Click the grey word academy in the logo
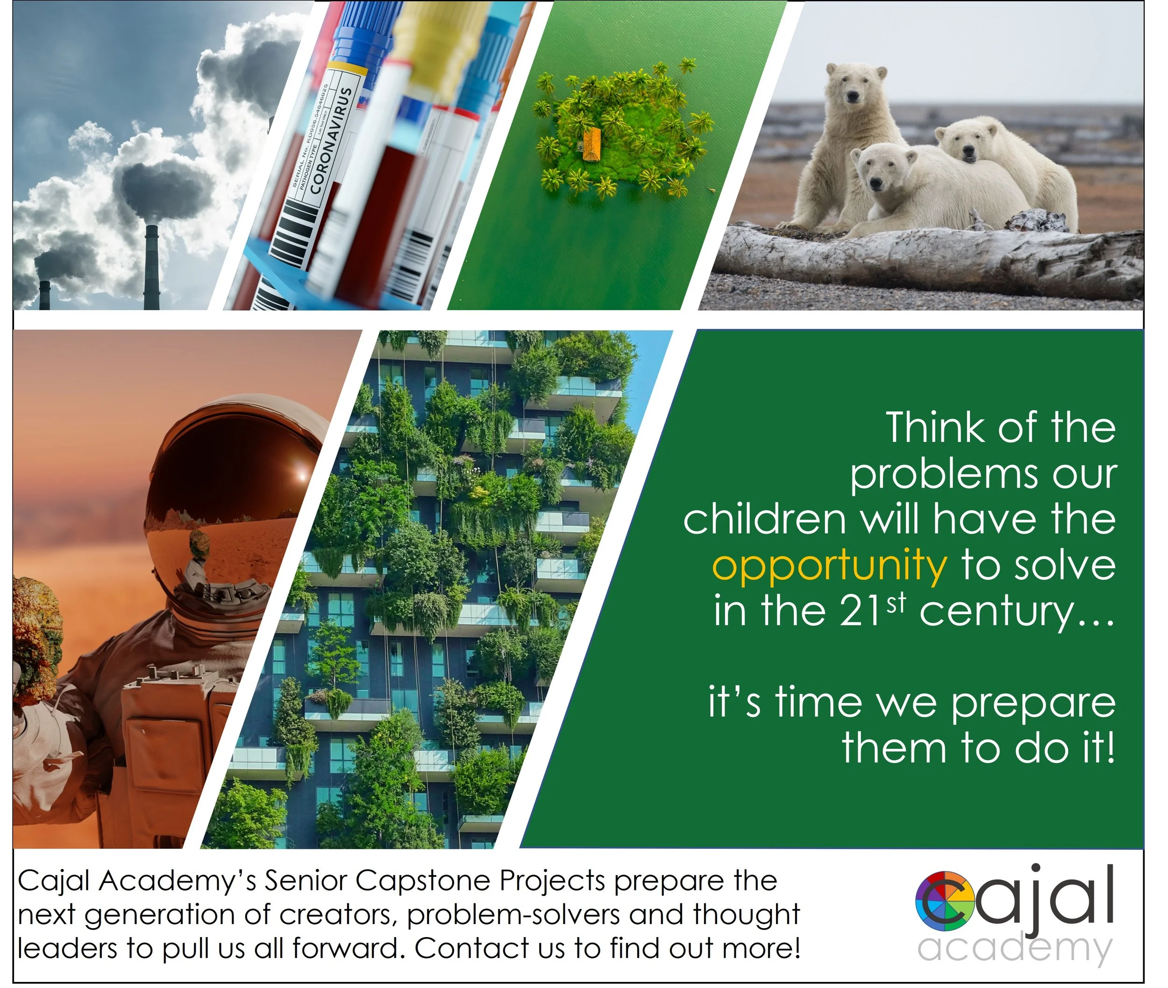click(x=1014, y=948)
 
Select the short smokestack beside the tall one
click(x=45, y=294)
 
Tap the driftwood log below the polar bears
click(x=925, y=258)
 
